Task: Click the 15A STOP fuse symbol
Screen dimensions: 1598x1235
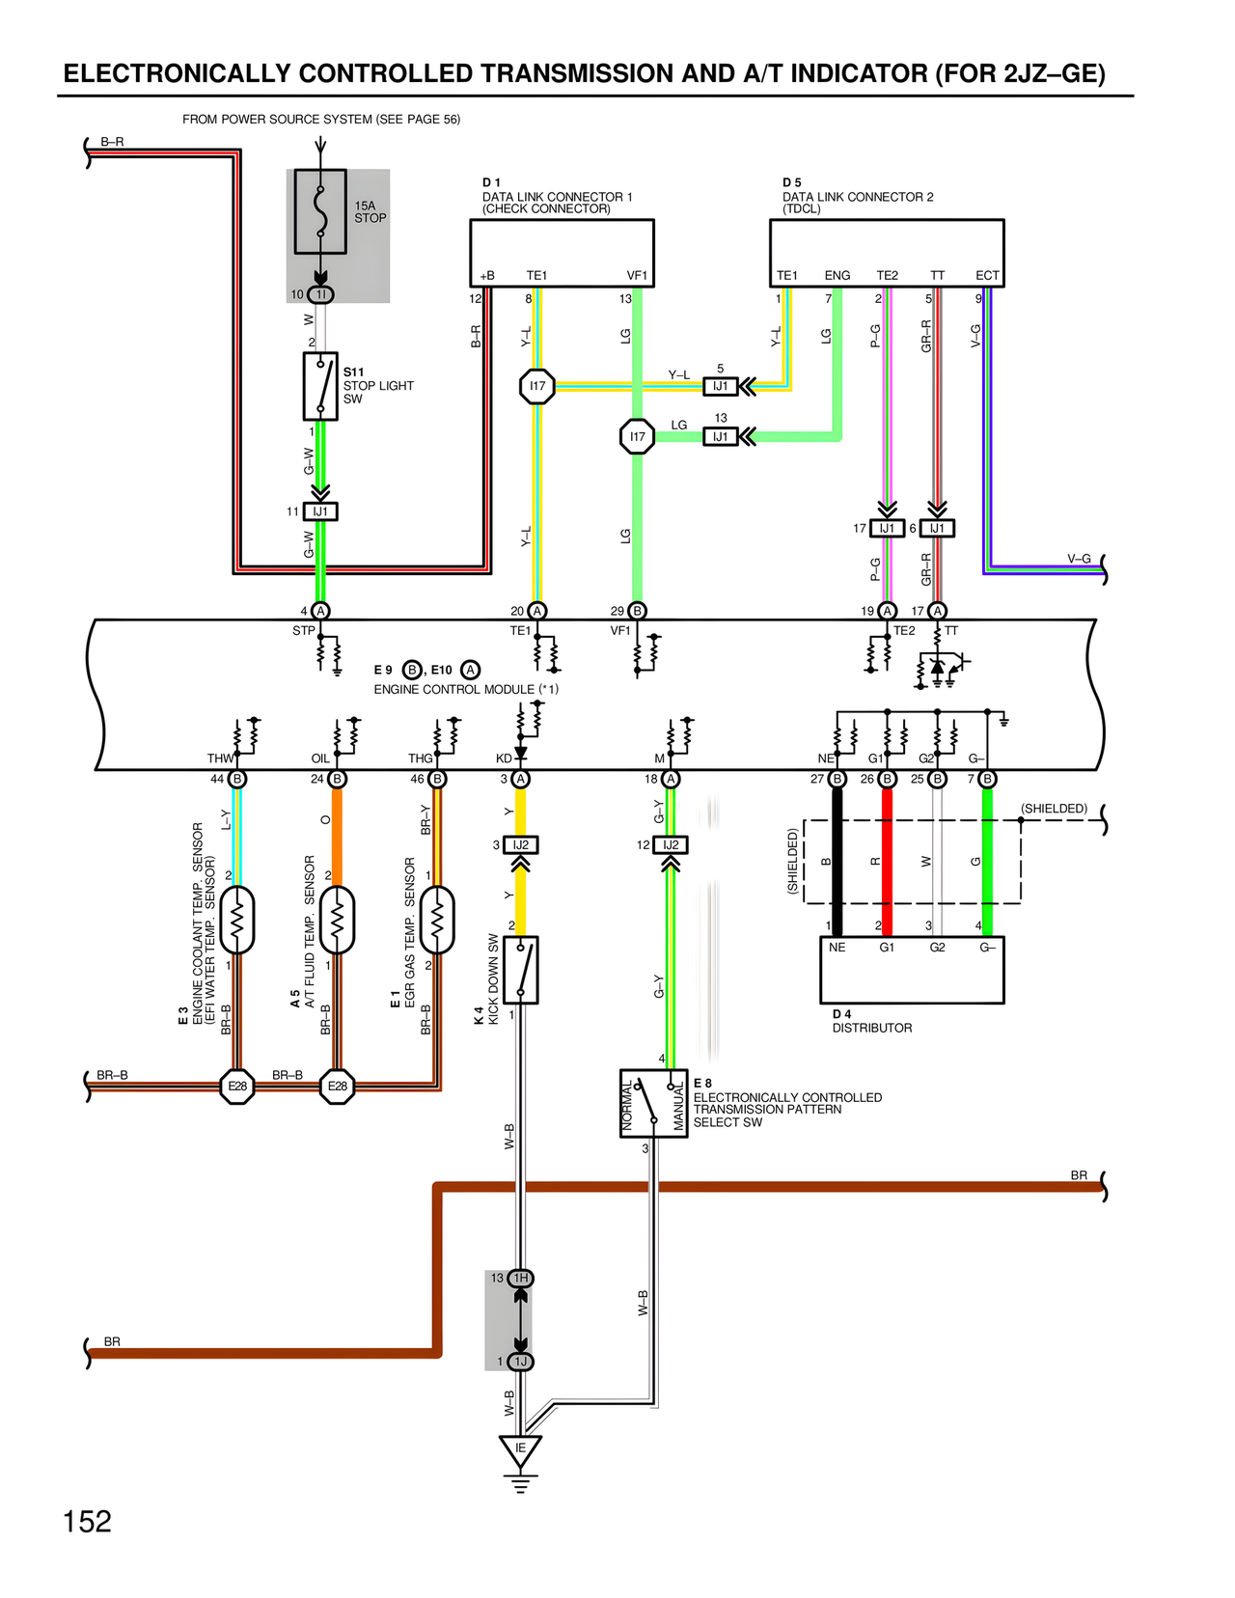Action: (320, 212)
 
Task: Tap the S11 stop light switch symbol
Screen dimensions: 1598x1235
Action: (320, 386)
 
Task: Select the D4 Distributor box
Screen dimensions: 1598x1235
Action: (911, 970)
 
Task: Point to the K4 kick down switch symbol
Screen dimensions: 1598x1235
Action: (521, 970)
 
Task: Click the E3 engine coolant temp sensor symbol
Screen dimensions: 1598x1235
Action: (237, 920)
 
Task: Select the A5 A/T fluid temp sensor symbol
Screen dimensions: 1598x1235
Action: (337, 920)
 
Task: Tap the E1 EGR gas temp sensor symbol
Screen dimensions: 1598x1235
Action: (437, 920)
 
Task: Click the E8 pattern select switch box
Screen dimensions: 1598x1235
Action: (653, 1103)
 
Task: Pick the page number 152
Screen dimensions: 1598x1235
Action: (87, 1522)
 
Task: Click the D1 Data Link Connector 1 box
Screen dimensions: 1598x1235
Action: (562, 252)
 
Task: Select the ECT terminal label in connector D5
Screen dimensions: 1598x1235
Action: (987, 275)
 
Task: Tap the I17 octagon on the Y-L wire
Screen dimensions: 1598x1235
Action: (537, 386)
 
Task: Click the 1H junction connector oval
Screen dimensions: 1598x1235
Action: (520, 1278)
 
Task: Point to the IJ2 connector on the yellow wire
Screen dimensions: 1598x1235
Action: (520, 845)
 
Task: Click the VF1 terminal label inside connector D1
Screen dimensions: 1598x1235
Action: (637, 275)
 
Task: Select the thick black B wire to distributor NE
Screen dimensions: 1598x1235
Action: (837, 859)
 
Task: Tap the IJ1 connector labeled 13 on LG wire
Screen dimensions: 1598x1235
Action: (720, 436)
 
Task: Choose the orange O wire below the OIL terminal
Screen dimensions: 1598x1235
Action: (337, 830)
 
